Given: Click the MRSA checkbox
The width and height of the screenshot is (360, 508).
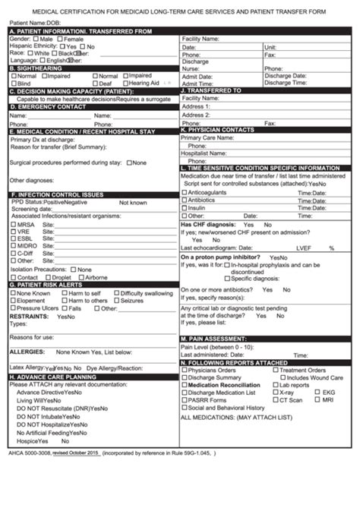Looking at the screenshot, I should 13,225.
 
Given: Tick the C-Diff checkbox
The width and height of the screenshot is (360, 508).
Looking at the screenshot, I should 13,253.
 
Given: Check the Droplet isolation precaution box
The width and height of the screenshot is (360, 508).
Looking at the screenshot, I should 48,277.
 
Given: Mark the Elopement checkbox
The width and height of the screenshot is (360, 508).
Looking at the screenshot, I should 13,301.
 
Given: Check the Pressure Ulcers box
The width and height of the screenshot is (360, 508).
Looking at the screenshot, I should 13,308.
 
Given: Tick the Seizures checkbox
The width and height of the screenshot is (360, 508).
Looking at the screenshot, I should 116,301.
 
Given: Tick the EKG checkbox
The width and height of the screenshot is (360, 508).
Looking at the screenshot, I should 317,393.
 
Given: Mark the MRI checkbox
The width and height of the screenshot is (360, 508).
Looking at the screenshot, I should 317,400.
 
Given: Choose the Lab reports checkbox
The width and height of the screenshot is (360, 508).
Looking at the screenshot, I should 275,385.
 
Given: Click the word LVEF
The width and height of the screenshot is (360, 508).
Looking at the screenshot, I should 304,248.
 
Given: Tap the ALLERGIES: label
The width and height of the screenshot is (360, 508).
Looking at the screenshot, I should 27,352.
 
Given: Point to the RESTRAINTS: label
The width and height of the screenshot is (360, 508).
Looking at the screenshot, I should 28,316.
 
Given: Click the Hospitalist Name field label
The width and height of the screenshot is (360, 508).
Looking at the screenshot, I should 205,153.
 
